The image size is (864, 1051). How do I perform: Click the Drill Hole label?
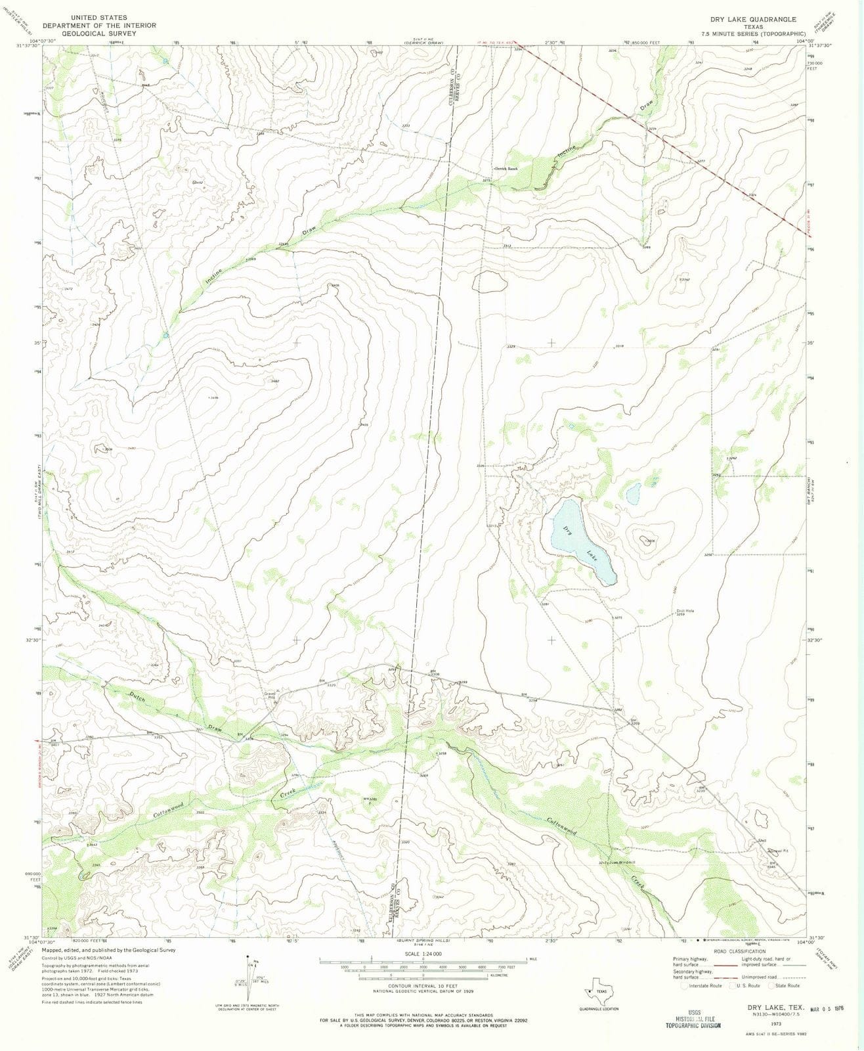tap(685, 611)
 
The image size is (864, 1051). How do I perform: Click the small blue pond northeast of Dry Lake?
tap(633, 493)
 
